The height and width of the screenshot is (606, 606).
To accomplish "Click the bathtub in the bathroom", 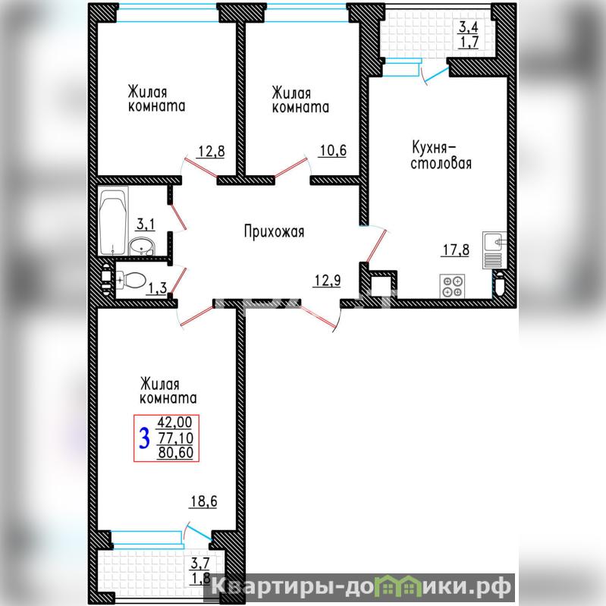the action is [x=113, y=221].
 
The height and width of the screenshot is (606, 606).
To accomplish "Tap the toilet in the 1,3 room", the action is [x=130, y=280].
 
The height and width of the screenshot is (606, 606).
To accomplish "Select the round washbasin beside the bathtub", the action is [x=142, y=246].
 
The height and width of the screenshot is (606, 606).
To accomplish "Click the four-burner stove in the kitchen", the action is [x=452, y=286].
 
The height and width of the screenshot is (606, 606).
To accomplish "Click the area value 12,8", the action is [x=212, y=151].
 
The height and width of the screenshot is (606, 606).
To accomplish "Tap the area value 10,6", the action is [x=333, y=150].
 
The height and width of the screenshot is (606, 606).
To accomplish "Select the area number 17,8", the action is [x=456, y=250].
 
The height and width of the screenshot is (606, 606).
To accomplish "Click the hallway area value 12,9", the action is [x=328, y=280].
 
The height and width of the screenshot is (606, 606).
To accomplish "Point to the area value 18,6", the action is [x=204, y=501].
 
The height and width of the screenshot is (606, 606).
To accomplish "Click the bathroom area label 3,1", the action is [x=146, y=225].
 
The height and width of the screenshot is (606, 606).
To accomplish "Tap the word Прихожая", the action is [x=274, y=231].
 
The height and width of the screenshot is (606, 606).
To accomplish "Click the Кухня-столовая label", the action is [x=441, y=155].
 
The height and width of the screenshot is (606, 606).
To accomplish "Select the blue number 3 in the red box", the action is [x=145, y=438].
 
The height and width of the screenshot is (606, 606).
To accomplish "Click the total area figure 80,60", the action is [x=175, y=453].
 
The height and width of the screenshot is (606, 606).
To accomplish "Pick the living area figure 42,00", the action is [x=174, y=422].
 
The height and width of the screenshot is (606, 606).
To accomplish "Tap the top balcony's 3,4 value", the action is [x=469, y=27].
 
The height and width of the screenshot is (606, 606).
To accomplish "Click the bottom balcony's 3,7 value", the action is [x=200, y=563].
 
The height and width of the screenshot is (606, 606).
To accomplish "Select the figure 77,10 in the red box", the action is [x=176, y=438].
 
